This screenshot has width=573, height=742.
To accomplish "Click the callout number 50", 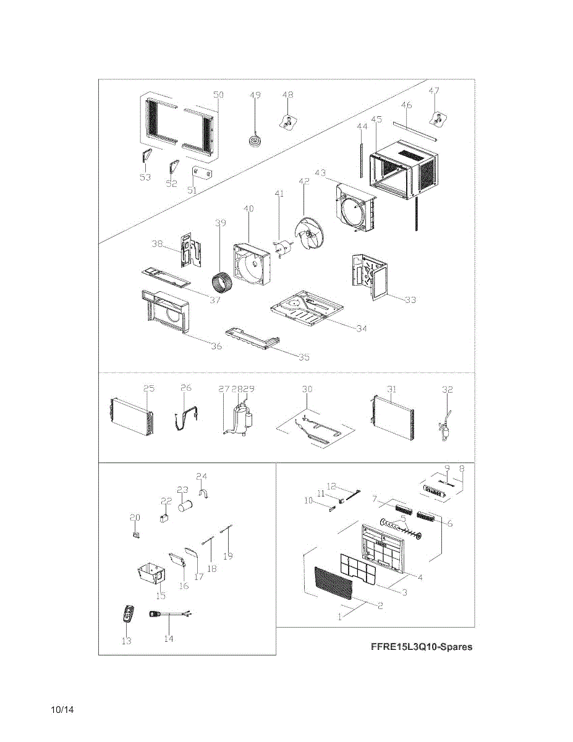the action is point(218,95).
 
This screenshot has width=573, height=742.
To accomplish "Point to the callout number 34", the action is point(361,328).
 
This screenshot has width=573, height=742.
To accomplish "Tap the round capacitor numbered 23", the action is point(186,507).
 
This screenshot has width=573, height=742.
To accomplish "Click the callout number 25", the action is point(149,388).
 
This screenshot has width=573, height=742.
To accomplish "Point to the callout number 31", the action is point(391,388).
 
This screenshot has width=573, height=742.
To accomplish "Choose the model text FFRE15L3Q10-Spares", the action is point(422,647).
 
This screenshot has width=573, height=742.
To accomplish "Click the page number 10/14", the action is point(63,709).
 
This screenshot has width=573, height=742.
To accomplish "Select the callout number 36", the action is point(216,346).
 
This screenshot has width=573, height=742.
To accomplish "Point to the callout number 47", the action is point(434,91).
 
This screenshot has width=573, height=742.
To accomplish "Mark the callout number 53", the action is point(145,177).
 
